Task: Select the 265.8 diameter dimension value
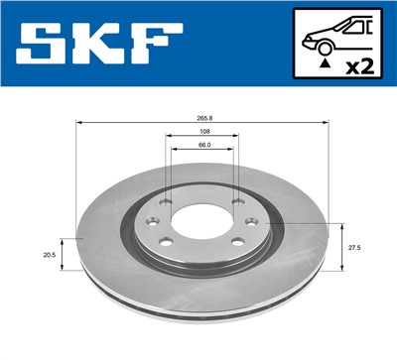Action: (202, 117)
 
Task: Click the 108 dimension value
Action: (202, 132)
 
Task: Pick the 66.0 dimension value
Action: (202, 146)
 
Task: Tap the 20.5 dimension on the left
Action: (48, 254)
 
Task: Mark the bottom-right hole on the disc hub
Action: (238, 241)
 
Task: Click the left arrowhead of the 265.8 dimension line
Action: (79, 123)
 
